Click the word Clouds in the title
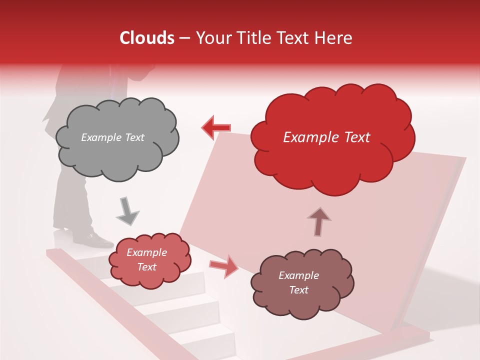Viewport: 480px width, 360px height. [x=147, y=38]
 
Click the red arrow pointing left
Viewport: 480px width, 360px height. [x=216, y=128]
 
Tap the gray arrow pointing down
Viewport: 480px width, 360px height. [x=127, y=212]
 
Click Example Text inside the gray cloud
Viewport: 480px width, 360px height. [x=112, y=137]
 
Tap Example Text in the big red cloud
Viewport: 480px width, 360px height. [x=326, y=137]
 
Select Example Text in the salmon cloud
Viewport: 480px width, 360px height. [x=146, y=259]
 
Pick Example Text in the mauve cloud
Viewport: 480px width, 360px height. [x=298, y=282]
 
